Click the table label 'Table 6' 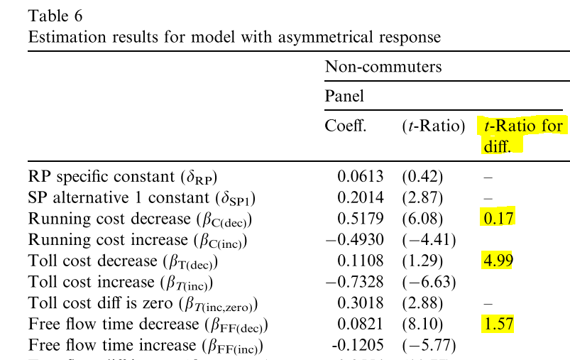[x=54, y=15]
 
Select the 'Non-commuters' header [x=383, y=67]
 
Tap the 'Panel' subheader [x=344, y=96]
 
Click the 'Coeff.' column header [x=346, y=126]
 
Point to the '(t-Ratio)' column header [x=433, y=126]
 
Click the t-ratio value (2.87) [x=423, y=197]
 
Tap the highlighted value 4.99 [x=498, y=261]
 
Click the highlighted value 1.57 [x=498, y=324]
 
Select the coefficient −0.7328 [x=355, y=282]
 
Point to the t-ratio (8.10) [x=423, y=324]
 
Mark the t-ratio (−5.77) [x=428, y=346]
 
